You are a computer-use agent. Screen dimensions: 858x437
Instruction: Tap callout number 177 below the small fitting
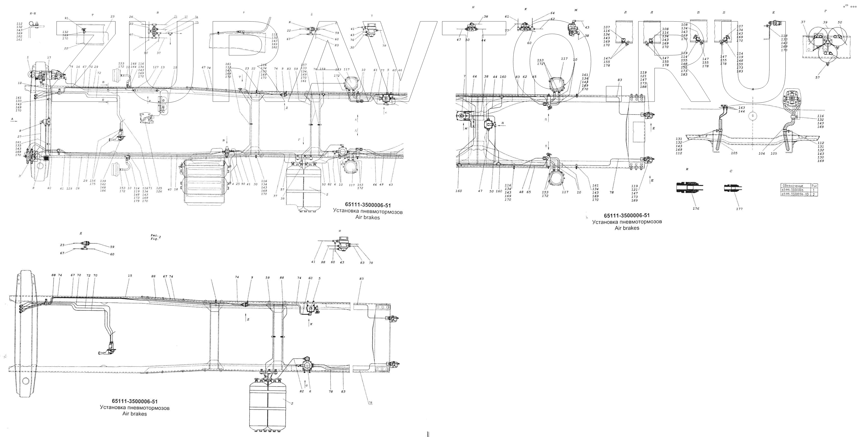tap(739, 209)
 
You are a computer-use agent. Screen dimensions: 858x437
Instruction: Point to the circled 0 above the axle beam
tap(752, 116)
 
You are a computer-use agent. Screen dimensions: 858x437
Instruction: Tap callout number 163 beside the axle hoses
tap(742, 108)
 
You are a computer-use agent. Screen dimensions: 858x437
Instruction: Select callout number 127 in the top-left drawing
tap(156, 67)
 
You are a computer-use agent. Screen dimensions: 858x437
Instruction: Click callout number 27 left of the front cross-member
tap(19, 136)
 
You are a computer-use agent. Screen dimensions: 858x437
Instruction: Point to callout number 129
tap(69, 189)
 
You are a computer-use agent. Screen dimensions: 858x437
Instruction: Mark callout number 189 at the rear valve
tap(634, 201)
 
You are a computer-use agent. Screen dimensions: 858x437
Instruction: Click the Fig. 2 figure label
tap(155, 237)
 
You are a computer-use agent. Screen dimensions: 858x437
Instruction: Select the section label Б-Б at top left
tap(33, 13)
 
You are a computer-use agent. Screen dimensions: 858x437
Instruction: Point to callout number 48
tap(521, 192)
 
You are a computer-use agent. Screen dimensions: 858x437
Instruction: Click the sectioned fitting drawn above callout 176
tap(689, 188)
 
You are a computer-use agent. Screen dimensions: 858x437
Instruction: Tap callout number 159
tap(322, 69)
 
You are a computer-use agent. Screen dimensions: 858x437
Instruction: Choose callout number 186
tap(103, 191)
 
